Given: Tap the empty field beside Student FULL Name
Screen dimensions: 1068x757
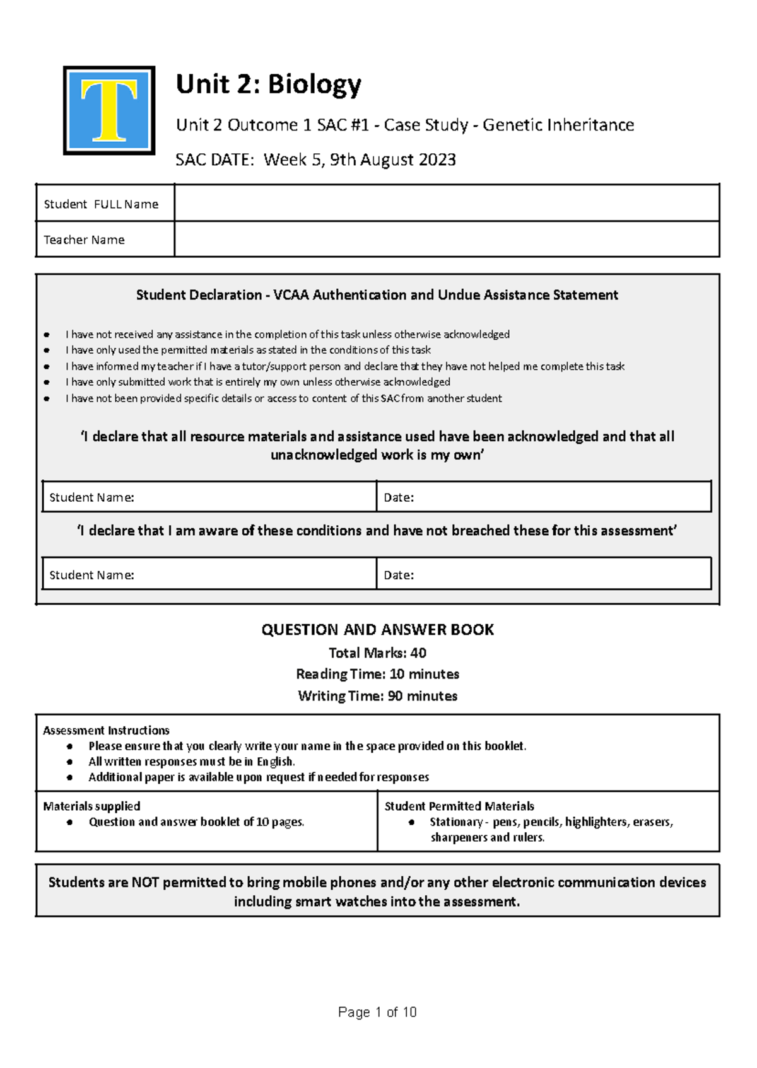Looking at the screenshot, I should point(446,203).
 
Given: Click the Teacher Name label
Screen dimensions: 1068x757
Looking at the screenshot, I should point(84,240).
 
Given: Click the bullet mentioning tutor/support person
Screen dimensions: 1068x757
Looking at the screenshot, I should point(344,366).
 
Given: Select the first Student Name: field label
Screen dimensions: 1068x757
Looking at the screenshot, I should point(91,497).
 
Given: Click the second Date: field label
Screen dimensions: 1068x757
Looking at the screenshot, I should point(399,575).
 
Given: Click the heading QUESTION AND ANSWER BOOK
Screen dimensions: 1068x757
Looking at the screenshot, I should point(377,630).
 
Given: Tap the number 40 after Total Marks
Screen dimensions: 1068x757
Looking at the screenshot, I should point(418,653).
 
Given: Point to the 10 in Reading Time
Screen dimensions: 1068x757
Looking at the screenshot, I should point(397,675).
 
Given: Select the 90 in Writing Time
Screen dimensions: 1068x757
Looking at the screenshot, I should point(396,696).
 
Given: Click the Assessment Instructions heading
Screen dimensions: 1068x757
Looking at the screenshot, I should point(106,731).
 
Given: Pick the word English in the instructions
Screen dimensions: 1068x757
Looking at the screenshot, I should point(275,762).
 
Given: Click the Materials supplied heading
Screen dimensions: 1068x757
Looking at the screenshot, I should point(91,806).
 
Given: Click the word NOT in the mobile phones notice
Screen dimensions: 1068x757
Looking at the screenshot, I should point(145,883).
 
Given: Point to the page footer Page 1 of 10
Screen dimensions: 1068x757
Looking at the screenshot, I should point(377,1013).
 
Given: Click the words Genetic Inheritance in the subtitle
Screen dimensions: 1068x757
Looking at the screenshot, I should point(558,125).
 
